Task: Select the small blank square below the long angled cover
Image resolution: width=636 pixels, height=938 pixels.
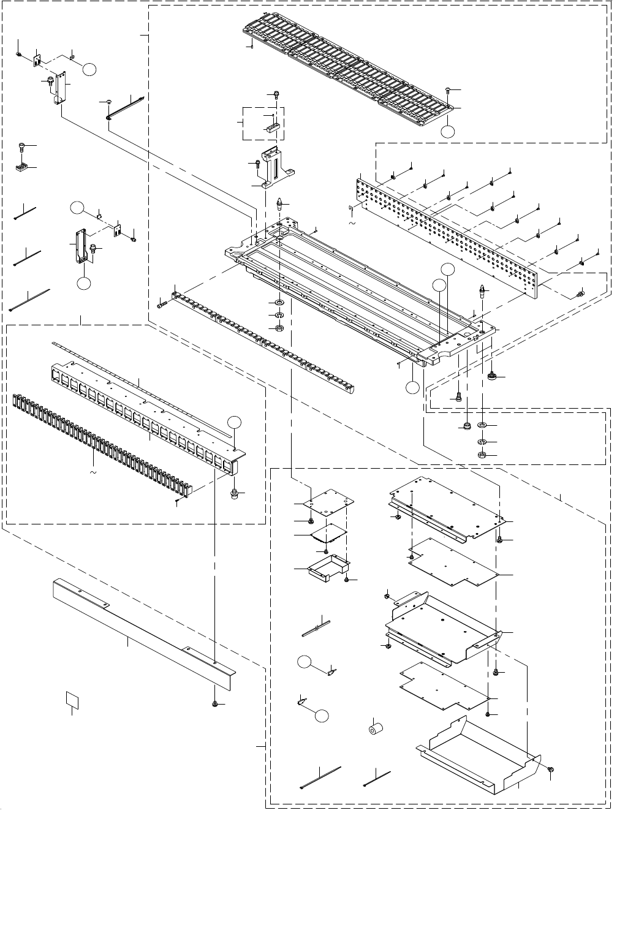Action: point(73,700)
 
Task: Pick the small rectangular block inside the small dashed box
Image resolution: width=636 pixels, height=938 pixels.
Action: point(272,128)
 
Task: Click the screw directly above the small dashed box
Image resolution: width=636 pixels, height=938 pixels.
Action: point(276,95)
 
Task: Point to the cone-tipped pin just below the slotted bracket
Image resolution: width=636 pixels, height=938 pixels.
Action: point(279,203)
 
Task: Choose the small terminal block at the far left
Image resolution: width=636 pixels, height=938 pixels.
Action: point(22,166)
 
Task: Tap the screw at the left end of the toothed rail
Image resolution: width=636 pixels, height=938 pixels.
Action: point(161,304)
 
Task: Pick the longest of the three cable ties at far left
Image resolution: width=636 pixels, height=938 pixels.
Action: point(29,299)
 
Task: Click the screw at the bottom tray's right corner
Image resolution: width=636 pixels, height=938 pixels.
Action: point(551,769)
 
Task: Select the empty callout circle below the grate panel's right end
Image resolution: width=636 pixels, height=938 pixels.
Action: point(449,130)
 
